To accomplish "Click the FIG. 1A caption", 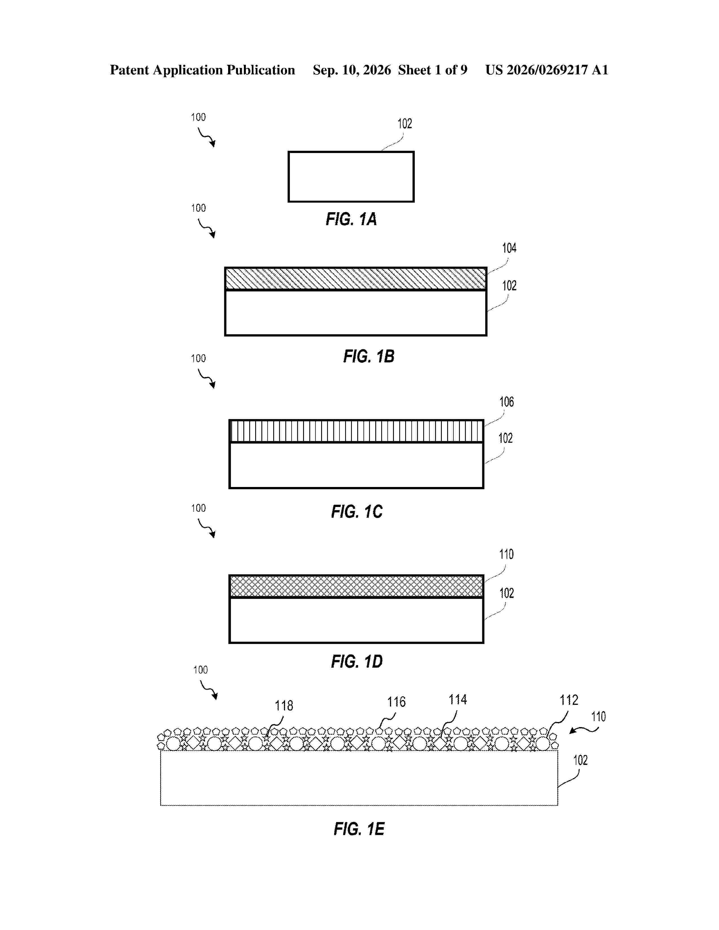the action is pos(351,219).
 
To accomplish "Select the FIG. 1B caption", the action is pos(369,356).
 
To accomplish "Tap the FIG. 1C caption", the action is pos(357,511).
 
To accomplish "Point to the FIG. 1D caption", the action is pos(357,661).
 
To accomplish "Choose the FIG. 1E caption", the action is pos(359,829).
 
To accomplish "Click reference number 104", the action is pos(509,248).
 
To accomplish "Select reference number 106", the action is pos(506,402).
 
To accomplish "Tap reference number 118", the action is pos(284,706).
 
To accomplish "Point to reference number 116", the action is pos(396,702).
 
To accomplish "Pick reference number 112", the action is pos(569,700).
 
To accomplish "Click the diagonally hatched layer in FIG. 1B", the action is pos(356,278).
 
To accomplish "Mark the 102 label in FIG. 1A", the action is pos(405,123).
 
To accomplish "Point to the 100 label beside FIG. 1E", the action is pos(200,670).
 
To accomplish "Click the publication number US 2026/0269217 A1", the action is pos(546,70).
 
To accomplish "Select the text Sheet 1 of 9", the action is pos(433,70).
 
